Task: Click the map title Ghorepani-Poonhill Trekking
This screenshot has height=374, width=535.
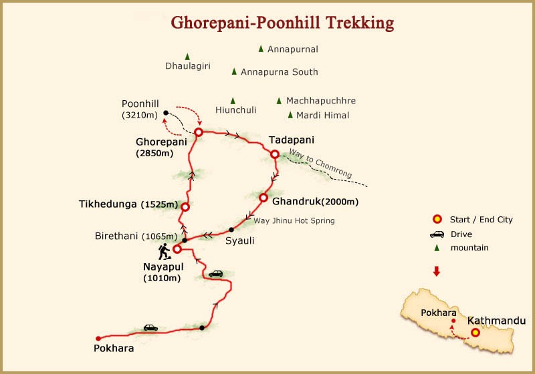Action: point(282,23)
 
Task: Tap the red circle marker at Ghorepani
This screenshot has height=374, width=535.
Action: point(199,132)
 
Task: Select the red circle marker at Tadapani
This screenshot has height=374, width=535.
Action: point(274,154)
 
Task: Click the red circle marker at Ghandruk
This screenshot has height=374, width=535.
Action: point(263,198)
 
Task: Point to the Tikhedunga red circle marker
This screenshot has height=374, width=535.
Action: point(185,207)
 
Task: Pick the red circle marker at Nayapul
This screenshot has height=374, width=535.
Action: point(177,249)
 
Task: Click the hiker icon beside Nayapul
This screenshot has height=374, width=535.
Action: point(163,251)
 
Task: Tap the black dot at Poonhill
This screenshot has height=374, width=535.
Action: point(166,113)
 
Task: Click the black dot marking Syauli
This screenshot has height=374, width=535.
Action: point(231,230)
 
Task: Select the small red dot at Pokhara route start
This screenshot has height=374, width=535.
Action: point(98,338)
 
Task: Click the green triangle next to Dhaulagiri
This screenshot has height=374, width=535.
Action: point(187,57)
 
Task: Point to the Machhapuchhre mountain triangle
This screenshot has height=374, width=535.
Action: point(279,101)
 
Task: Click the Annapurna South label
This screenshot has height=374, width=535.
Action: point(279,71)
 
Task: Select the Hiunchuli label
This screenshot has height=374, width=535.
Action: point(236,111)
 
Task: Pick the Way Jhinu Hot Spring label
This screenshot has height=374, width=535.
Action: point(294,220)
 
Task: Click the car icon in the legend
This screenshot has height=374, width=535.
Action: point(437,234)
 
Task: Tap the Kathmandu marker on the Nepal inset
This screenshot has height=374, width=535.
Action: point(475,332)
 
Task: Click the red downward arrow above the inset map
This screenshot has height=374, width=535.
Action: point(437,271)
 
